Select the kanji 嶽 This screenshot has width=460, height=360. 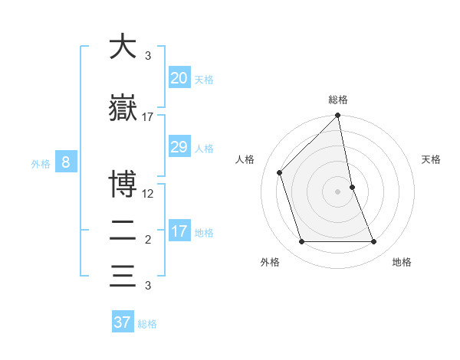point(123,106)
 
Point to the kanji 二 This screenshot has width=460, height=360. point(123,230)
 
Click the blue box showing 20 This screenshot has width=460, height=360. point(179,77)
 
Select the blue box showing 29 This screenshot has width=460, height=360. point(179,147)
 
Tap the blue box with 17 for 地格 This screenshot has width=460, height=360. point(179,231)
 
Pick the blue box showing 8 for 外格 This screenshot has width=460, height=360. point(66,162)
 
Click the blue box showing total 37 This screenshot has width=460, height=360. point(123,322)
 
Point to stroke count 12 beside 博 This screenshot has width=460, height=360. point(149,193)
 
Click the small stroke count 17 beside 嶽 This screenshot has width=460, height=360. point(148,117)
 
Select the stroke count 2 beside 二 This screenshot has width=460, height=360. point(148,240)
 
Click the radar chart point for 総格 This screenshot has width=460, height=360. point(338,116)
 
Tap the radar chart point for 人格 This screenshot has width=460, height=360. point(280,172)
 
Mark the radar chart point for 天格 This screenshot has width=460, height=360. point(352,187)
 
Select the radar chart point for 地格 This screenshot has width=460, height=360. point(374,242)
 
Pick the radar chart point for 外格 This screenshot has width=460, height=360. point(301,242)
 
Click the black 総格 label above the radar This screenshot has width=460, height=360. point(338,100)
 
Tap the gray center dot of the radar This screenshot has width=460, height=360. point(338,191)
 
